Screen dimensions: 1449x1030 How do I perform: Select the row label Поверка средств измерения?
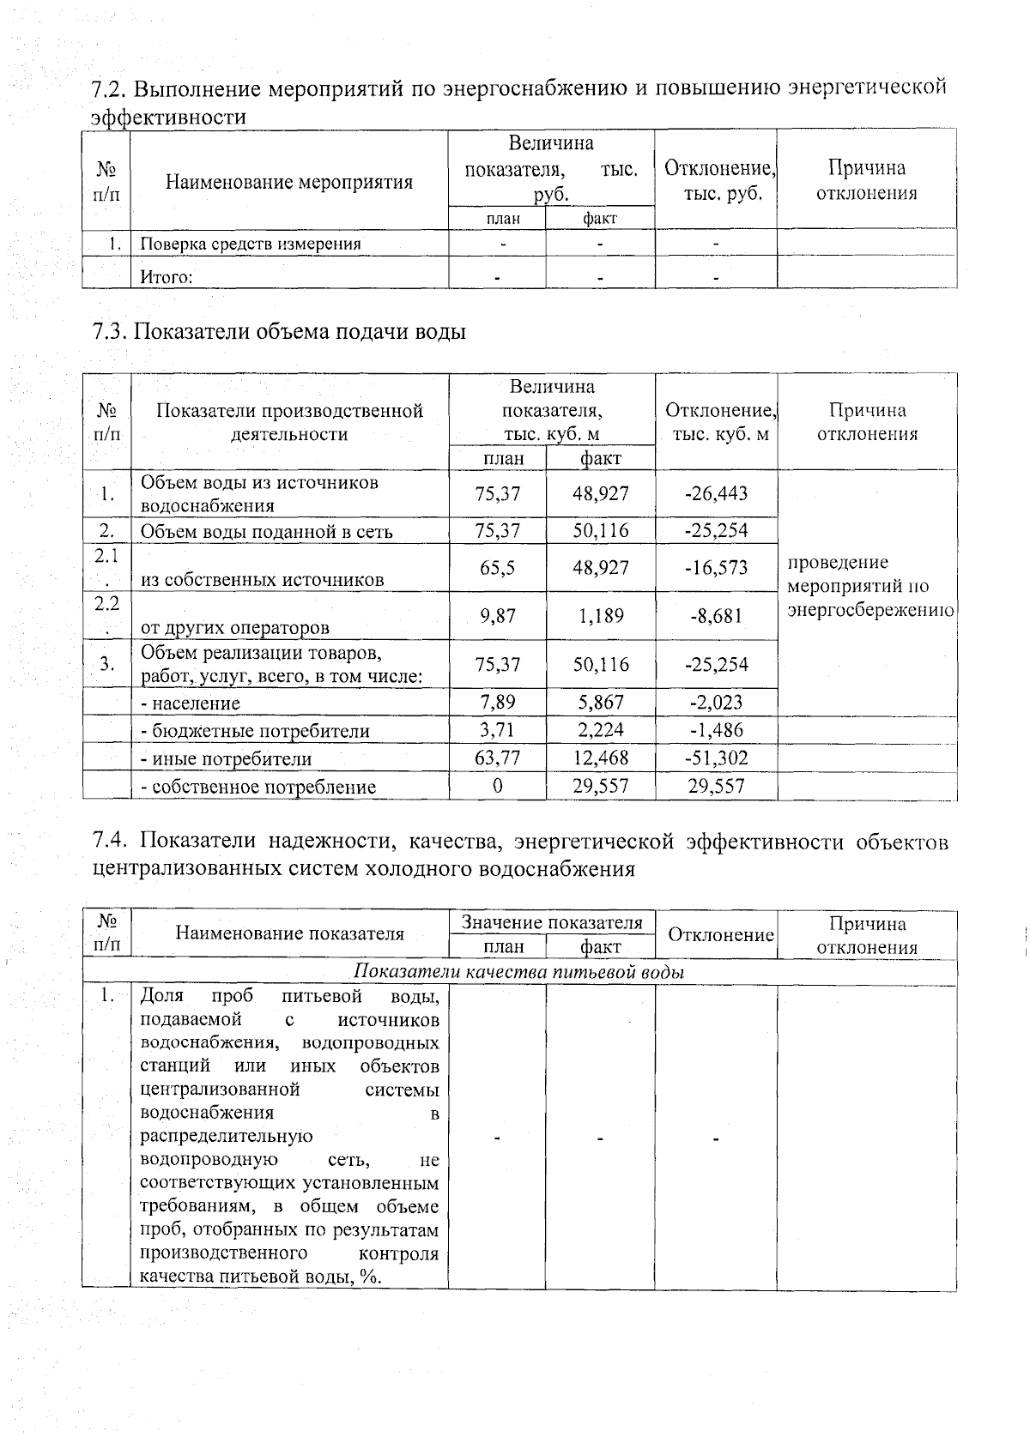click(x=251, y=244)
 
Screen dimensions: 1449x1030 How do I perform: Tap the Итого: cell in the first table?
click(x=167, y=277)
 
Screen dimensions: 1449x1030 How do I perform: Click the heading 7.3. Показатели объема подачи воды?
click(x=279, y=331)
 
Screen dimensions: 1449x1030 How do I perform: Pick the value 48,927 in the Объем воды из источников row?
click(x=601, y=493)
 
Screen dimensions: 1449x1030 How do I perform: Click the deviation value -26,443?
click(x=716, y=493)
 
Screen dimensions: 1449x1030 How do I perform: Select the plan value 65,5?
click(x=498, y=568)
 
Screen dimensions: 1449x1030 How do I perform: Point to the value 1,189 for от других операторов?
click(x=601, y=616)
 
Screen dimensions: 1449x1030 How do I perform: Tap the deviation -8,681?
click(x=716, y=616)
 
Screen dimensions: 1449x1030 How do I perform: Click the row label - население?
click(x=191, y=703)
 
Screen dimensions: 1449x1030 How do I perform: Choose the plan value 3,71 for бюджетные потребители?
click(x=498, y=730)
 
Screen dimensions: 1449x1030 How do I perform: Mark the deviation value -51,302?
click(x=716, y=758)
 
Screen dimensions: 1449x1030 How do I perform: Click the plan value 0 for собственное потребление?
click(x=498, y=786)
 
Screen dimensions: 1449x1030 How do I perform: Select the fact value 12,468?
click(x=601, y=758)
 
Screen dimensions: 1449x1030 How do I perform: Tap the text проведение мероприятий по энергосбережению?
click(x=869, y=587)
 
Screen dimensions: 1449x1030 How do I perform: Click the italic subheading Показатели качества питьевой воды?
click(x=519, y=972)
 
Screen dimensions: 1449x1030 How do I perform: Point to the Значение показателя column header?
click(x=552, y=923)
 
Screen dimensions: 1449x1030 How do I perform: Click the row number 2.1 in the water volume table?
click(x=106, y=555)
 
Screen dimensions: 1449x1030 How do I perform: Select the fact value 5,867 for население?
click(x=601, y=703)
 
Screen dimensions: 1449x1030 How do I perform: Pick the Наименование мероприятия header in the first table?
click(x=289, y=182)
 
